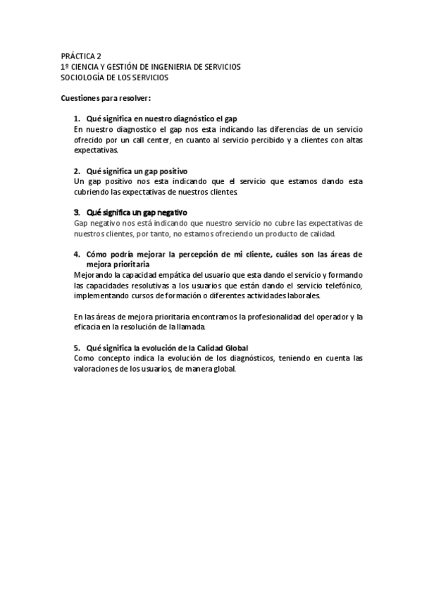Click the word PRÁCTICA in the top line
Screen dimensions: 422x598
click(x=77, y=56)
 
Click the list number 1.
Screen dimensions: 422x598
click(x=76, y=118)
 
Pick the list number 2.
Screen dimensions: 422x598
click(x=76, y=171)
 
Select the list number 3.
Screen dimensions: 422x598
click(x=76, y=212)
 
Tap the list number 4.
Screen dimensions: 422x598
click(x=76, y=253)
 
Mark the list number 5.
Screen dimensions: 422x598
click(x=76, y=348)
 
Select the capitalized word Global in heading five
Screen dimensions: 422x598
click(x=235, y=348)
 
